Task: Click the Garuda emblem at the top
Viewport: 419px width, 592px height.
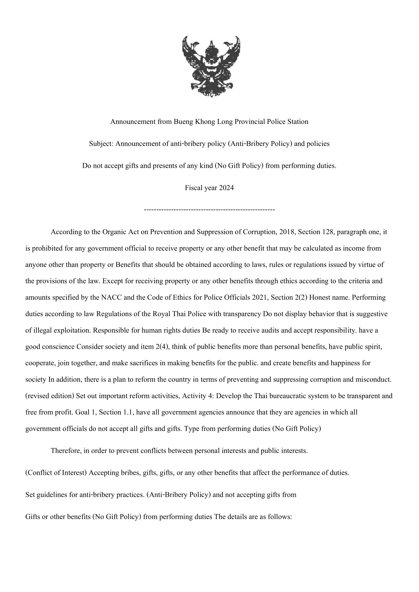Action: (x=211, y=66)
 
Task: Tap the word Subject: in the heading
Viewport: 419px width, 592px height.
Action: (x=101, y=144)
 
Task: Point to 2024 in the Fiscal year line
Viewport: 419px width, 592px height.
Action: (x=226, y=188)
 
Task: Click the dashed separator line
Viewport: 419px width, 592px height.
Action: (x=209, y=210)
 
